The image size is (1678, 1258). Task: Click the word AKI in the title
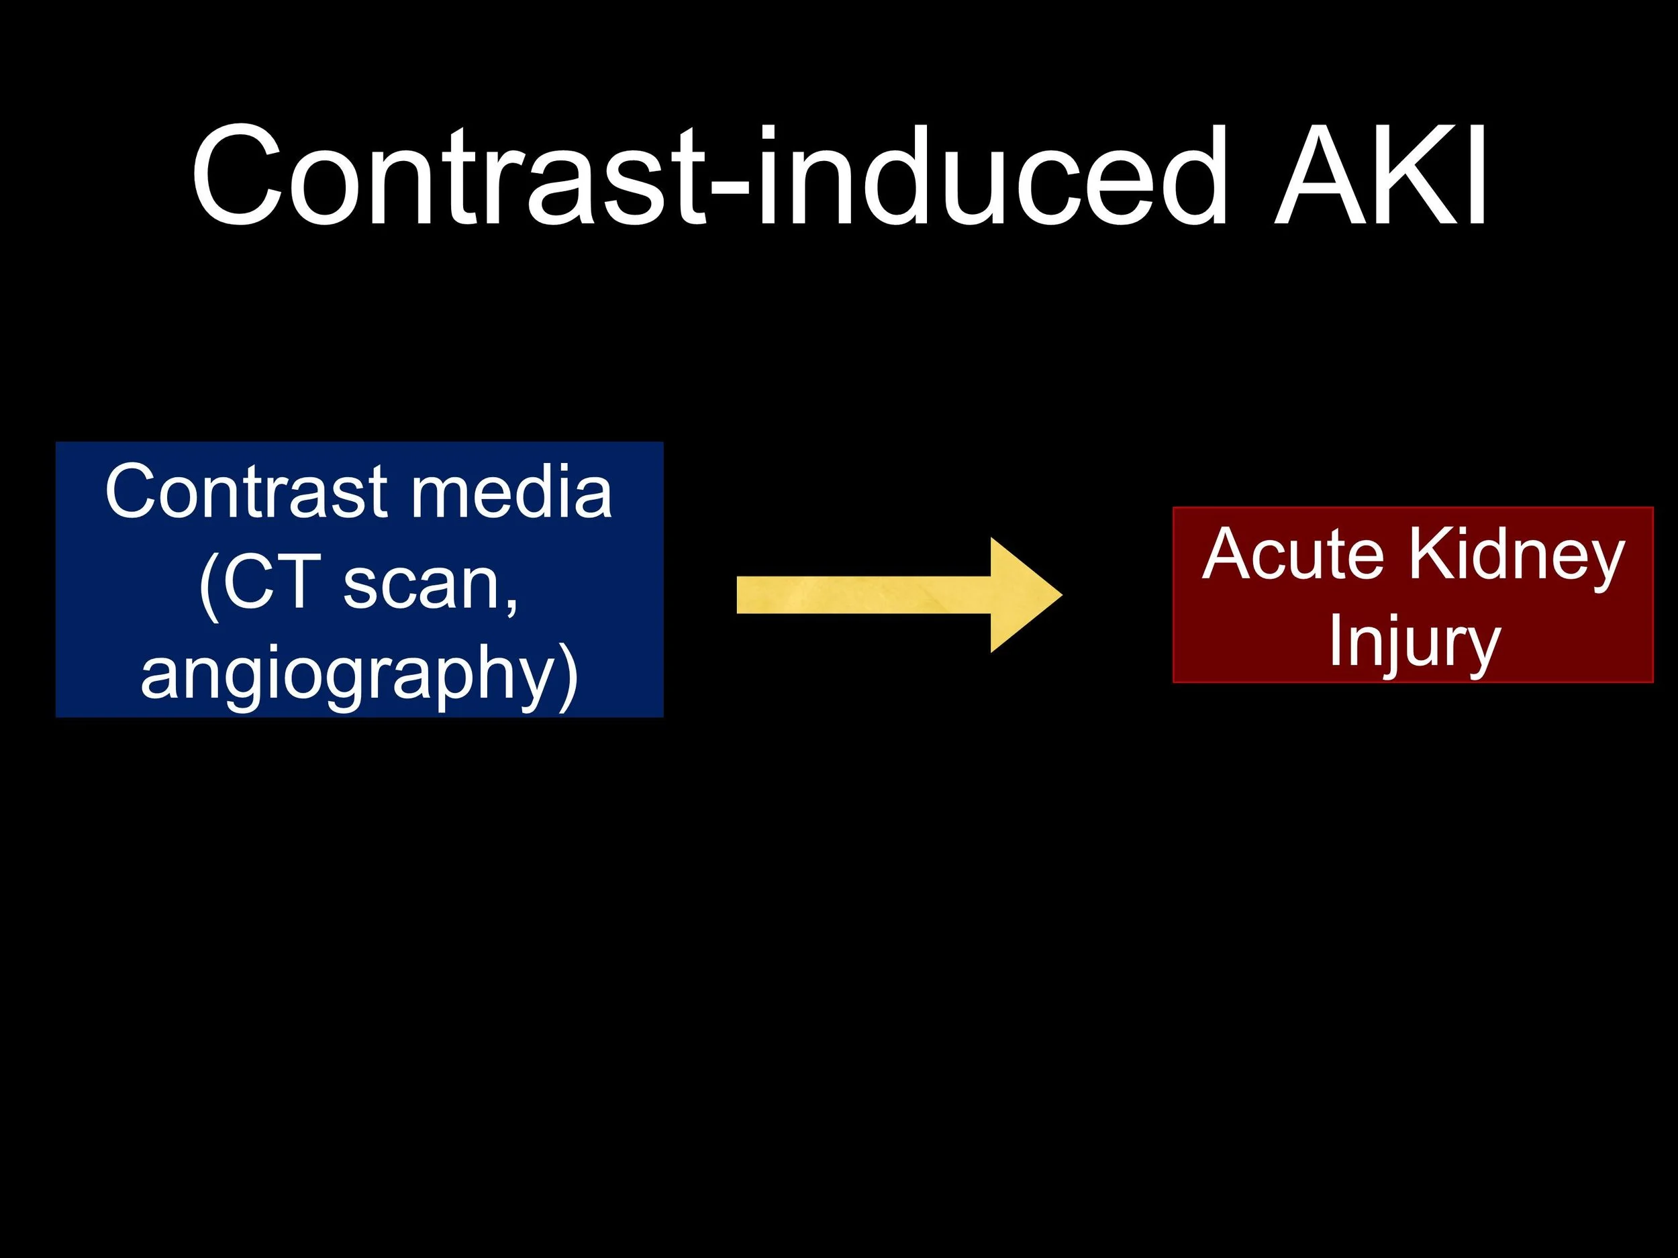tap(1379, 176)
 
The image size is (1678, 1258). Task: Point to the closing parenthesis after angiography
tap(569, 674)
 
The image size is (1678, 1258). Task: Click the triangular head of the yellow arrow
tap(1024, 595)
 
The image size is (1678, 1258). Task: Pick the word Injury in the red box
tap(1414, 643)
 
